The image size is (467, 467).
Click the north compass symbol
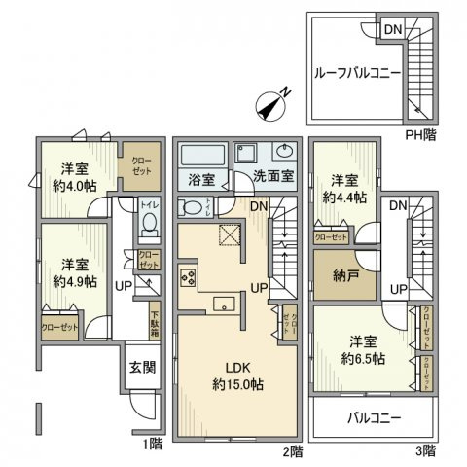click(x=272, y=104)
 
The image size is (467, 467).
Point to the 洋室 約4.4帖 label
click(x=347, y=189)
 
